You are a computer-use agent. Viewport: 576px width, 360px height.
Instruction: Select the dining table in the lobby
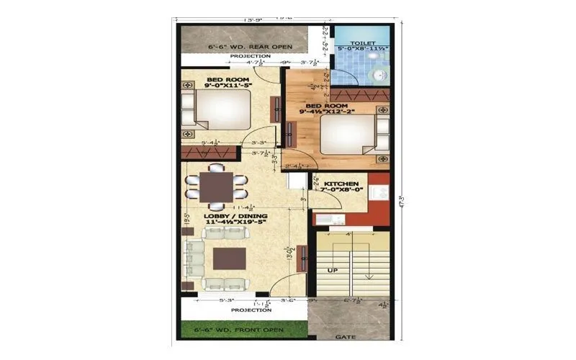(x=216, y=186)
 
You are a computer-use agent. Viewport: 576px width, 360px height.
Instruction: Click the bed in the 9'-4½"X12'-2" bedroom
(x=348, y=133)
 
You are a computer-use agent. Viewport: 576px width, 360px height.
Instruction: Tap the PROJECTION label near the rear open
(x=250, y=55)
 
